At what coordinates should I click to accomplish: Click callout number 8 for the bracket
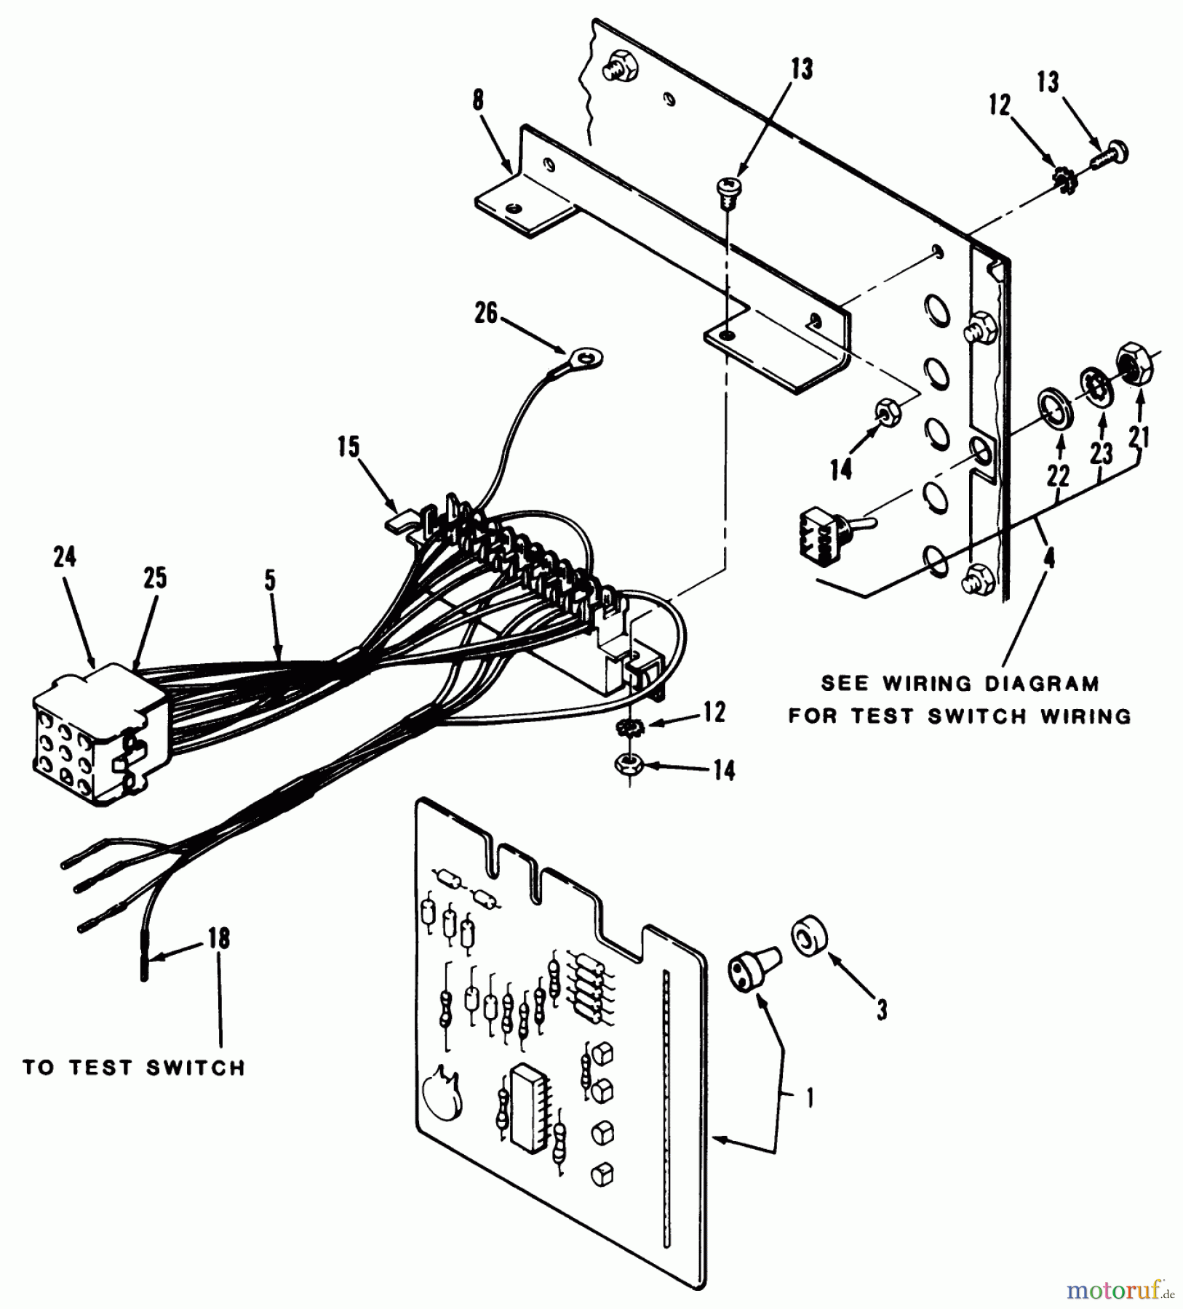coord(477,100)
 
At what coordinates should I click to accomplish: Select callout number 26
coord(486,313)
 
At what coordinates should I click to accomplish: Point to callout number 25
coord(155,578)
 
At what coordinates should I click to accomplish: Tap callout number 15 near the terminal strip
coord(349,447)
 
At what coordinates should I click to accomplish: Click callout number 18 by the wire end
coord(219,939)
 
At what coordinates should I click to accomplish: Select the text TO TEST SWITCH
coord(134,1068)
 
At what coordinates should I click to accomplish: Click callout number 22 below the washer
coord(1058,476)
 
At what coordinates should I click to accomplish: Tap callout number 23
coord(1102,453)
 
